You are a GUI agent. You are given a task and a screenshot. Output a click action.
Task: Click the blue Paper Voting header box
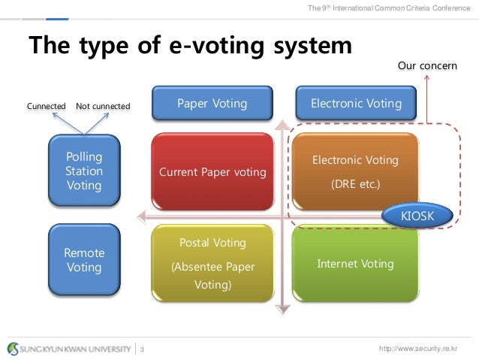click(x=211, y=104)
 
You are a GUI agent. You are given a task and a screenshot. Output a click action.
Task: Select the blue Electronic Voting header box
click(x=356, y=104)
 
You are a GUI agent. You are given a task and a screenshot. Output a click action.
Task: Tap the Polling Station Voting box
click(x=84, y=171)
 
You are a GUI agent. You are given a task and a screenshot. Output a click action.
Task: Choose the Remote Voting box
click(x=84, y=260)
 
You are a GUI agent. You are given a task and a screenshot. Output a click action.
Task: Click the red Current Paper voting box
click(x=212, y=172)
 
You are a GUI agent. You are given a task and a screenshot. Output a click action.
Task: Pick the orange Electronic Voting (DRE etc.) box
click(x=355, y=172)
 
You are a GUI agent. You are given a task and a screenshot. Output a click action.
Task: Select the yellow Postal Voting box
click(x=212, y=264)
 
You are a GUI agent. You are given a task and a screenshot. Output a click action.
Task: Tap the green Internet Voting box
click(x=355, y=264)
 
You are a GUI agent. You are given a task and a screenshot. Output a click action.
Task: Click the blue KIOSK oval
click(x=417, y=216)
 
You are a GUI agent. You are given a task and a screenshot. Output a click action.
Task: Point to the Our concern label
click(x=426, y=66)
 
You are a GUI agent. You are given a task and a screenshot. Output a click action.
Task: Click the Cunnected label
click(x=47, y=106)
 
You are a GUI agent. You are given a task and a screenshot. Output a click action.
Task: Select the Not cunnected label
click(x=103, y=106)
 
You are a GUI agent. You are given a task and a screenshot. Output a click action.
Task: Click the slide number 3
click(x=143, y=349)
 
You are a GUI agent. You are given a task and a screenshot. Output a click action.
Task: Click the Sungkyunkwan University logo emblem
click(x=14, y=348)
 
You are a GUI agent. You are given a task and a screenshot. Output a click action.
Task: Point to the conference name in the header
click(x=388, y=8)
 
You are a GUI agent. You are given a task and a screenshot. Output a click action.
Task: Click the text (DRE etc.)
click(x=355, y=182)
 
